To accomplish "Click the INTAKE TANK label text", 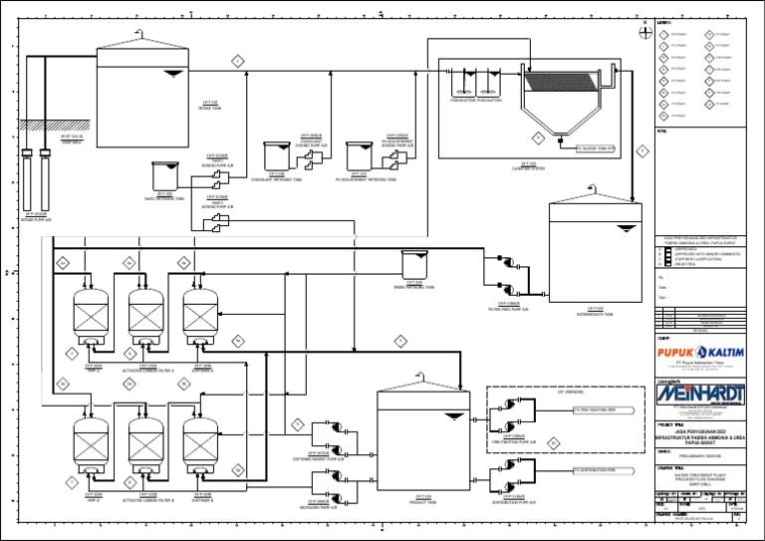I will [x=210, y=108].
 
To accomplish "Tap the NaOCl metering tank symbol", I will [x=163, y=175].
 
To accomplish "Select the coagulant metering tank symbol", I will [x=276, y=155].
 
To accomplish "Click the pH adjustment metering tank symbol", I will [x=359, y=155].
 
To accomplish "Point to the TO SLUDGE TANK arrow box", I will [x=597, y=148].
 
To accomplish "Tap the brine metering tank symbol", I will [x=414, y=264].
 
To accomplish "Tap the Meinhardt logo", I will [x=699, y=396].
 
